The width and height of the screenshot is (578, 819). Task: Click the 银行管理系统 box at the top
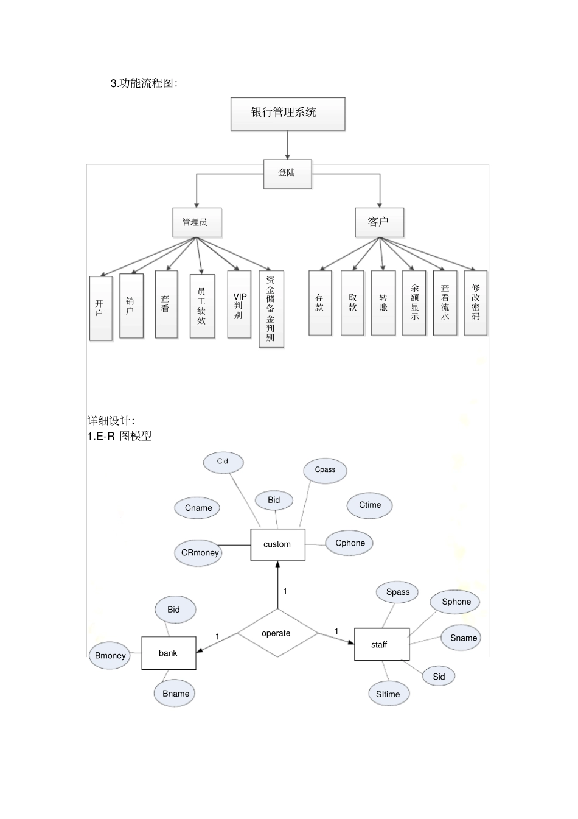click(x=287, y=114)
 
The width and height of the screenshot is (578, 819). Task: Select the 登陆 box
click(x=287, y=174)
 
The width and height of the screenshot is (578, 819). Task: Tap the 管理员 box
click(x=197, y=222)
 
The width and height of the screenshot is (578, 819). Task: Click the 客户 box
click(x=379, y=222)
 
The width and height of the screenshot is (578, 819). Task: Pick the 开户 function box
click(x=100, y=308)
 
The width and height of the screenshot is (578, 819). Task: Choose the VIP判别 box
click(x=239, y=304)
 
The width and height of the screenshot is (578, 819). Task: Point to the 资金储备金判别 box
click(x=271, y=309)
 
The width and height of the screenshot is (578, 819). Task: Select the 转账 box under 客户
click(x=383, y=303)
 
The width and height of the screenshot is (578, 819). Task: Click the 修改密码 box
click(x=475, y=303)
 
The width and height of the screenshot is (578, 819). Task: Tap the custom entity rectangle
click(x=277, y=544)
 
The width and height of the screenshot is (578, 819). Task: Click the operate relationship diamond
click(x=277, y=633)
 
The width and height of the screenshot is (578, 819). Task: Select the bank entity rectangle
click(x=169, y=653)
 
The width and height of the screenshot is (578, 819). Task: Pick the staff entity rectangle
click(x=381, y=644)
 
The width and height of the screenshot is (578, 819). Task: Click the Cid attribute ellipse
click(x=223, y=462)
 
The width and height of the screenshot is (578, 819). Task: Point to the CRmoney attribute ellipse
click(x=200, y=553)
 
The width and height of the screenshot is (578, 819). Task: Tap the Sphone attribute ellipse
click(x=456, y=602)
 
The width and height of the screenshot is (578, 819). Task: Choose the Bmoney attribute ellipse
click(x=110, y=656)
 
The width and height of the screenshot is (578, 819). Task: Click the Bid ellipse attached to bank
click(x=174, y=610)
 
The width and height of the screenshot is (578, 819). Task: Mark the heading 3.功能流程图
click(x=144, y=83)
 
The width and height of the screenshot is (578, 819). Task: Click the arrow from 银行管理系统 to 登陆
click(x=288, y=146)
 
